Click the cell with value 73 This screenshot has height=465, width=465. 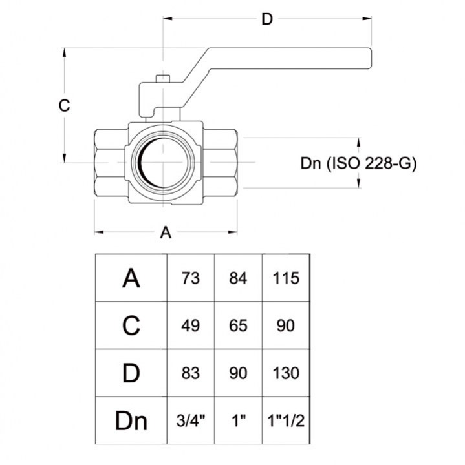pyautogui.click(x=191, y=278)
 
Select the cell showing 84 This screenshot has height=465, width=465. pyautogui.click(x=238, y=278)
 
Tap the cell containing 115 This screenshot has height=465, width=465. pyautogui.click(x=286, y=278)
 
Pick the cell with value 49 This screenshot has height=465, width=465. pyautogui.click(x=191, y=325)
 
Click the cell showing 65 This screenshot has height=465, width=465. pyautogui.click(x=238, y=325)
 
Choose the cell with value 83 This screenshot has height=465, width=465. pyautogui.click(x=191, y=373)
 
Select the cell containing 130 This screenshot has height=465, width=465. pyautogui.click(x=286, y=373)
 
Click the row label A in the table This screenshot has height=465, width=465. pyautogui.click(x=131, y=278)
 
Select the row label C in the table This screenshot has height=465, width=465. pyautogui.click(x=131, y=325)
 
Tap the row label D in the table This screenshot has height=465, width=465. pyautogui.click(x=131, y=373)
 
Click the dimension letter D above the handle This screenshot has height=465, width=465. pyautogui.click(x=267, y=19)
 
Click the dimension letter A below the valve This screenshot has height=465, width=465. pyautogui.click(x=166, y=232)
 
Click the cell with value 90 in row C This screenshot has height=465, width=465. pyautogui.click(x=286, y=325)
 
